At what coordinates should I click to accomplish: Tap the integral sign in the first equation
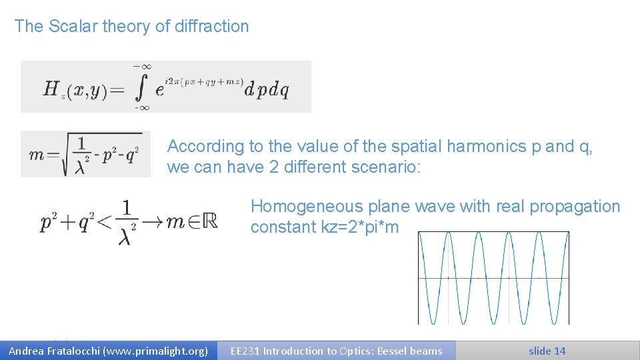point(142,87)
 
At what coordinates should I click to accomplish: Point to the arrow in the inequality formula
point(154,223)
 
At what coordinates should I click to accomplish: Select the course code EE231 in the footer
point(245,351)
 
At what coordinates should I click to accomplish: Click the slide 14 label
point(547,351)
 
